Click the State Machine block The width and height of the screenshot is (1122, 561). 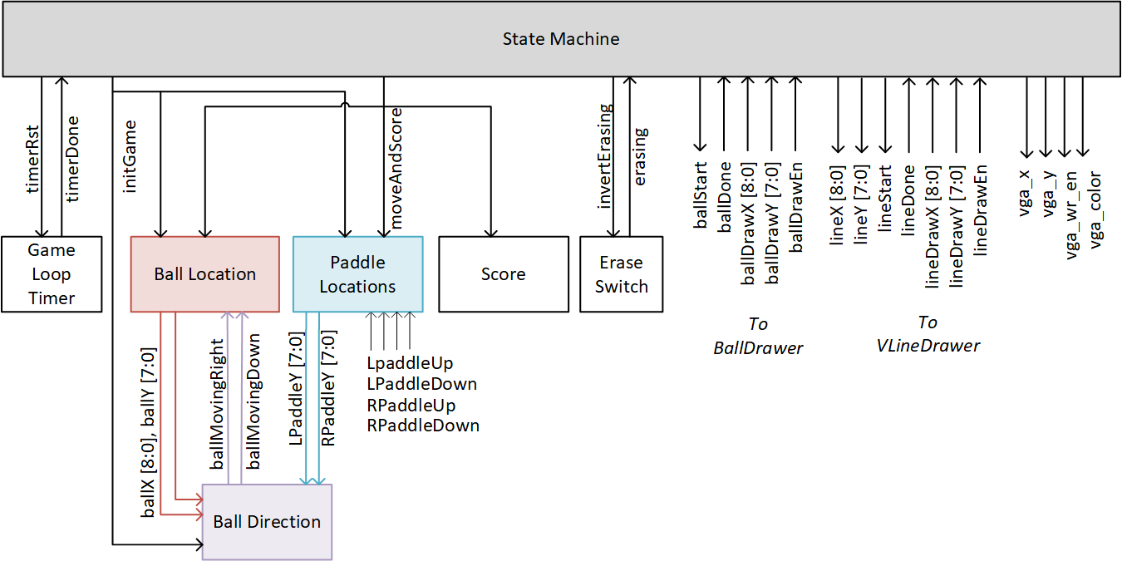click(x=561, y=39)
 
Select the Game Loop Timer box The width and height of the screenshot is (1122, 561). click(x=52, y=274)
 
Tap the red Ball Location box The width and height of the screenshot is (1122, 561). click(x=205, y=274)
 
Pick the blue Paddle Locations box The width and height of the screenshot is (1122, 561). click(x=357, y=274)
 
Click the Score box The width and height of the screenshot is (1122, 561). click(x=503, y=274)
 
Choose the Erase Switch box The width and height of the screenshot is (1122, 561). click(x=621, y=274)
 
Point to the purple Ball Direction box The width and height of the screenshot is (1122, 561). click(x=267, y=522)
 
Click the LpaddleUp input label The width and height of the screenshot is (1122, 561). click(x=410, y=364)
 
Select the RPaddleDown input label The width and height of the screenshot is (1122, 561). click(x=423, y=426)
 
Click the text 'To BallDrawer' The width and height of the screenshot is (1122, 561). click(x=757, y=336)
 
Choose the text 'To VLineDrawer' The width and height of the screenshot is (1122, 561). click(x=928, y=334)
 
